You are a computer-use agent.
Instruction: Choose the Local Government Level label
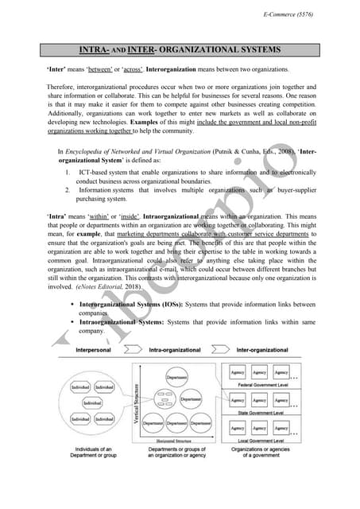pyautogui.click(x=259, y=440)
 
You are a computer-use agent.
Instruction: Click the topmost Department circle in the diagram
pyautogui.click(x=177, y=377)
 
